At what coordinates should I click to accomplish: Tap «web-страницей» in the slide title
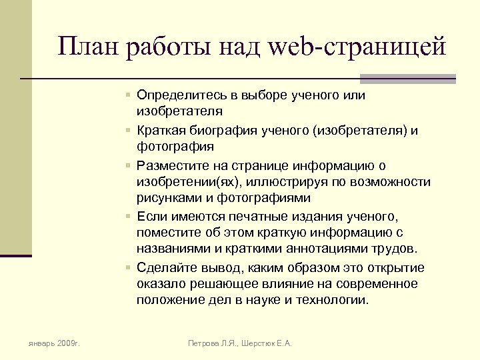(358, 46)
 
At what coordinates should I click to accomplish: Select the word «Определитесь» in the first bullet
(179, 95)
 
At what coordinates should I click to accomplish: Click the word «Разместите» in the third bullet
(171, 165)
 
